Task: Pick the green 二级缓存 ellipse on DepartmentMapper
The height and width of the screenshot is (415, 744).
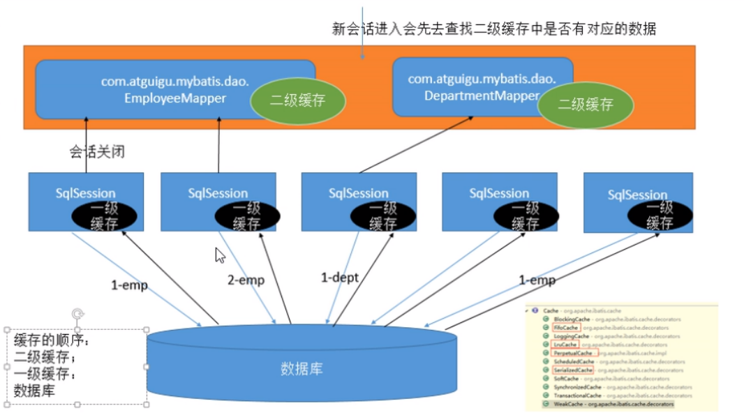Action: (x=586, y=105)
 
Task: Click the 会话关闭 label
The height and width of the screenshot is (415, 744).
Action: (x=97, y=151)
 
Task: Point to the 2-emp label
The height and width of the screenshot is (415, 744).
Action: (x=246, y=280)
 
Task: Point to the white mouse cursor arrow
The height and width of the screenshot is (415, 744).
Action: (x=220, y=255)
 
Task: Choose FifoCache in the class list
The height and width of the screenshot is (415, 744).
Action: (x=565, y=327)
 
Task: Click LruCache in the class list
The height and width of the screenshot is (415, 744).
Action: (x=565, y=345)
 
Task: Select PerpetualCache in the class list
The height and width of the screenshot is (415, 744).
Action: (x=572, y=353)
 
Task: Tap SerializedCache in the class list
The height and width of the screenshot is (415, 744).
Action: (x=572, y=370)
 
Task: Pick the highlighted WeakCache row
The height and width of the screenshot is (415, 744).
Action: (x=569, y=404)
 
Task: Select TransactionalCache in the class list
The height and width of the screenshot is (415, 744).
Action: (x=576, y=395)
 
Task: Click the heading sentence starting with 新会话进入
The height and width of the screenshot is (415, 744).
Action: (x=494, y=29)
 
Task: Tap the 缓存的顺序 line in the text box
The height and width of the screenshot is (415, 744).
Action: (x=52, y=342)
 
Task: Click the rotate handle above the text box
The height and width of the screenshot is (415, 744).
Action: (x=77, y=315)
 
